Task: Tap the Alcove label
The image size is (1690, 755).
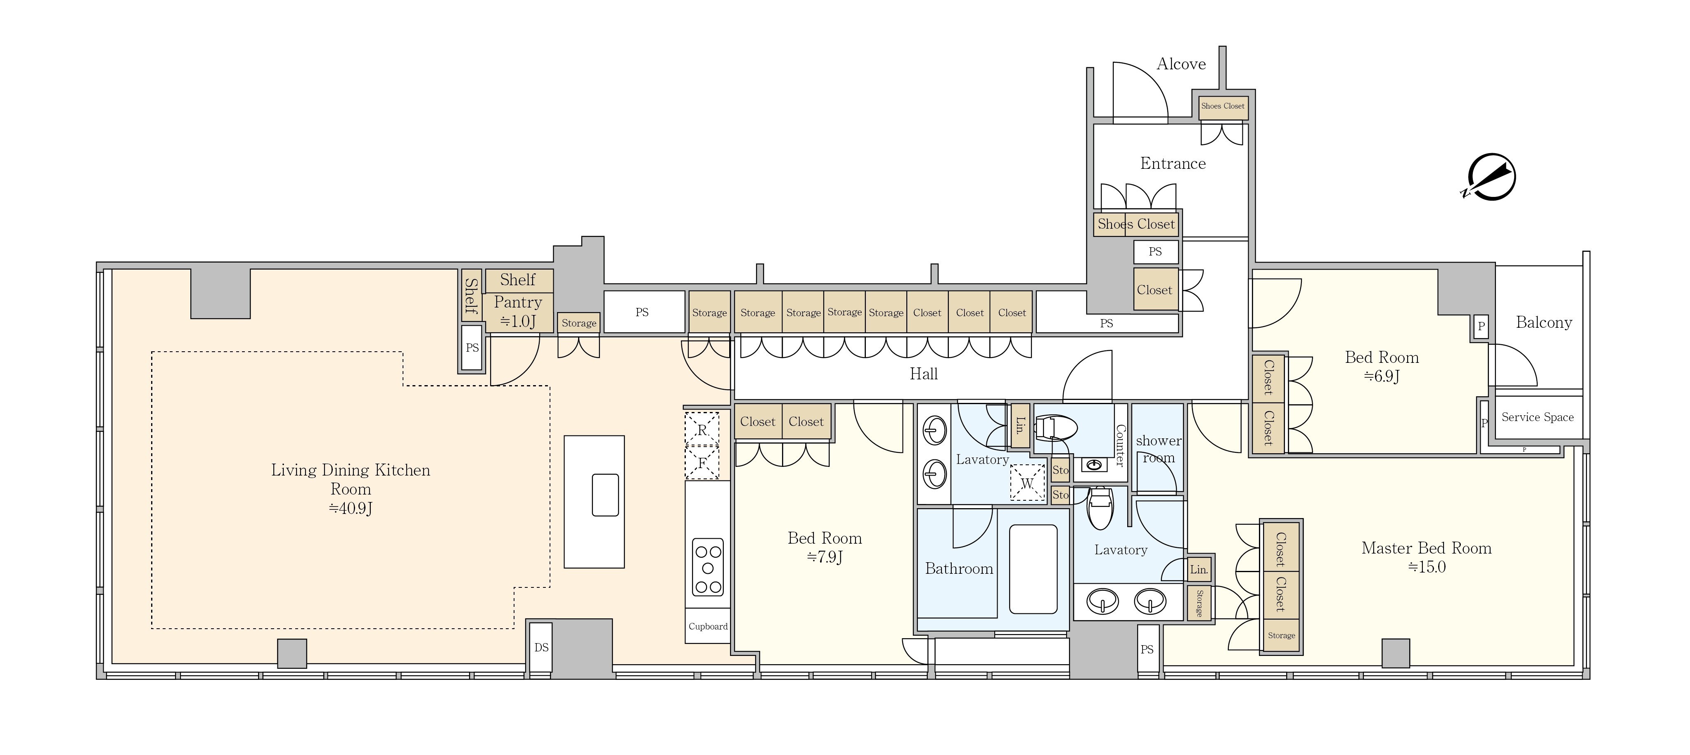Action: [1181, 64]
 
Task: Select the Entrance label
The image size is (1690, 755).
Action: [1173, 163]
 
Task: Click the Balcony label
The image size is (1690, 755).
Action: [1544, 322]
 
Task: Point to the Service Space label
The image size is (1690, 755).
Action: [1537, 417]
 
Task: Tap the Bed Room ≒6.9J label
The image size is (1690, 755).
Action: [1382, 366]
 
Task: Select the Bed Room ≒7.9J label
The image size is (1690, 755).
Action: [825, 547]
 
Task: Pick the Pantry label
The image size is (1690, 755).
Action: [518, 311]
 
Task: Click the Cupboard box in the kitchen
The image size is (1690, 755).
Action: [708, 626]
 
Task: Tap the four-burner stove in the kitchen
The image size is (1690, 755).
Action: [708, 568]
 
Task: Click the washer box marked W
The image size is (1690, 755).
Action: [1027, 483]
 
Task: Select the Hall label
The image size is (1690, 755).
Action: [923, 374]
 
